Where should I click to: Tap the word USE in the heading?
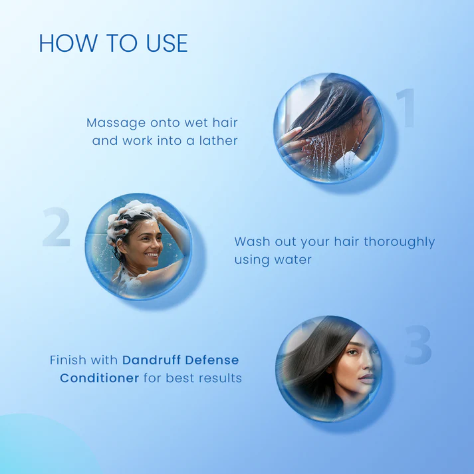click(167, 43)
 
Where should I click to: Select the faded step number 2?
click(57, 227)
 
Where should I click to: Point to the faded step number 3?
click(418, 344)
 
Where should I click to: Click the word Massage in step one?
click(116, 124)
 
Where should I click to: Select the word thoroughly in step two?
click(400, 243)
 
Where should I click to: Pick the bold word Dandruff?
click(151, 360)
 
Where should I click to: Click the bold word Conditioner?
click(100, 378)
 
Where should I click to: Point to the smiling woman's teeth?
click(152, 255)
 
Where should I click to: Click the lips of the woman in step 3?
click(367, 378)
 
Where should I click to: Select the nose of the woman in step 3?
click(368, 363)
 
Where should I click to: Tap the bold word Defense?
click(212, 360)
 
